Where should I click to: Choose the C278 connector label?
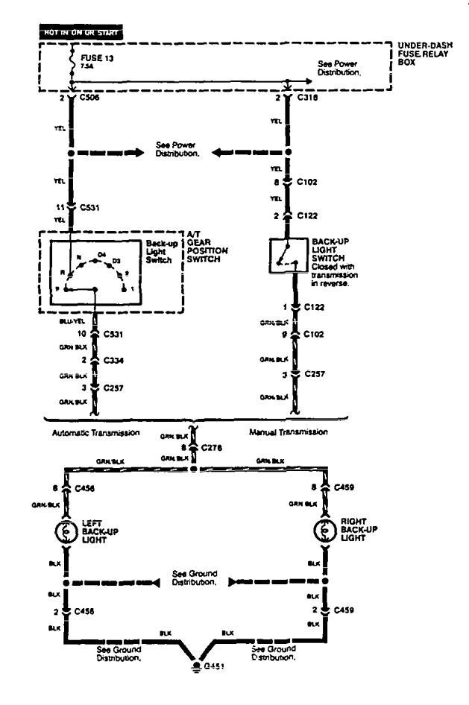pyautogui.click(x=213, y=449)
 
